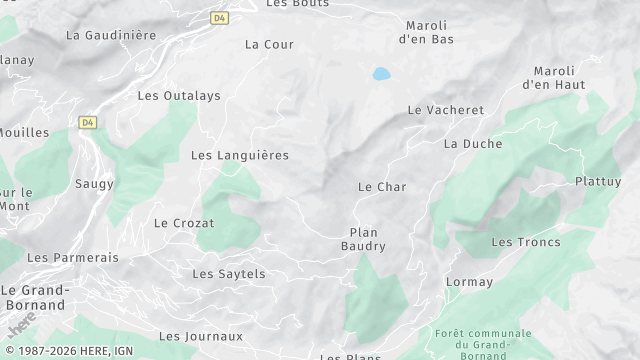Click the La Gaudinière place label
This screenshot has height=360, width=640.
[x=111, y=34]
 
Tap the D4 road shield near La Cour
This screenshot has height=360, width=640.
[x=219, y=17]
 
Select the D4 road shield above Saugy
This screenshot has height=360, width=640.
[x=87, y=122]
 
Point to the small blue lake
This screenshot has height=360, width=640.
[x=381, y=73]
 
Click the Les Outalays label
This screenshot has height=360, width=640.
[x=179, y=96]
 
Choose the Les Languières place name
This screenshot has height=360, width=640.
[x=239, y=155]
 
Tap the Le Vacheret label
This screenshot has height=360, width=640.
[x=445, y=110]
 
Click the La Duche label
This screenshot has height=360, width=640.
[x=473, y=144]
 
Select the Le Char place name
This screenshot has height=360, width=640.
[x=382, y=187]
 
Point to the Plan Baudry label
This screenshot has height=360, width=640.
[x=364, y=238]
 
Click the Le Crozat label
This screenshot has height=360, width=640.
[x=184, y=223]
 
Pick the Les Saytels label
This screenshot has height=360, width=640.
[x=228, y=273]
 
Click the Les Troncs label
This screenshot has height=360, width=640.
[x=526, y=242]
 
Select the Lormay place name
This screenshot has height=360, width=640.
[x=469, y=282]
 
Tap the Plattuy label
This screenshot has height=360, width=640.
[x=598, y=181]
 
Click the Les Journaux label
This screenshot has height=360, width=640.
[x=201, y=336]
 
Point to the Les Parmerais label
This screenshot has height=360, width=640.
[x=72, y=257]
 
